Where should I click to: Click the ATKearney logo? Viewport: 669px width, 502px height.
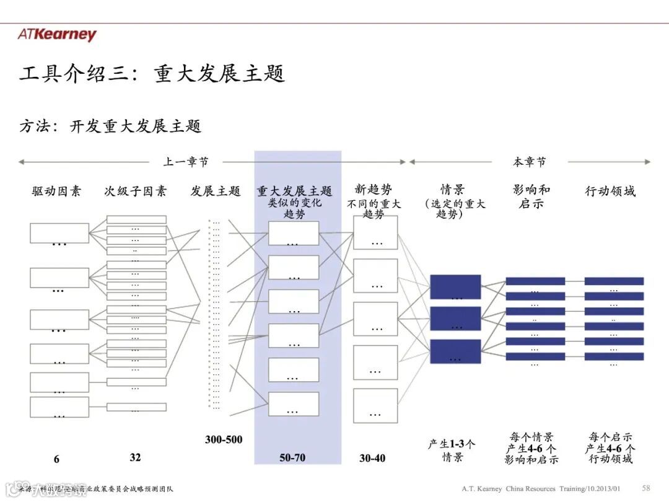point(57,35)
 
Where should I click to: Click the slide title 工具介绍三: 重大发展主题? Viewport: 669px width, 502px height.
point(152,74)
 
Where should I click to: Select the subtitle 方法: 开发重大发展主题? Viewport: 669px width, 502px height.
point(110,126)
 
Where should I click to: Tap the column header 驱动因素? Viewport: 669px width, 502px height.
point(56,192)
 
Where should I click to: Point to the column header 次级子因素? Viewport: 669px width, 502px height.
point(136,192)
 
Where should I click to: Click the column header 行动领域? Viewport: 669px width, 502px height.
point(610,192)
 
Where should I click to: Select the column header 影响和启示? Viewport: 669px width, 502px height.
point(531,196)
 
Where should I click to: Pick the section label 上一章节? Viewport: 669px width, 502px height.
point(186,162)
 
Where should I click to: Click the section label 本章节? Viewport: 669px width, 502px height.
point(530,162)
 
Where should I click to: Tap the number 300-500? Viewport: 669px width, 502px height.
point(224,440)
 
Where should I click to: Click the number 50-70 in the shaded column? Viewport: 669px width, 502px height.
point(292,458)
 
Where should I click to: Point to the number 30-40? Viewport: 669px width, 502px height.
point(372,458)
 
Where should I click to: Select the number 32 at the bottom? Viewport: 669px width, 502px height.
point(135,457)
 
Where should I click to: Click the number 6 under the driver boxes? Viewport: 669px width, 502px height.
point(56,459)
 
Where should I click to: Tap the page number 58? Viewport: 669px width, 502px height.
point(646,488)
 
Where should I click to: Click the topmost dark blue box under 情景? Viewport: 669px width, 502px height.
point(455,286)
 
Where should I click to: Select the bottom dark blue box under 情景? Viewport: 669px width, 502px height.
point(455,351)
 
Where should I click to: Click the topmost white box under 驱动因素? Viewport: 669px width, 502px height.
point(59,233)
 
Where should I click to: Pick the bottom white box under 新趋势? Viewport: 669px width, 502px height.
point(375,405)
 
